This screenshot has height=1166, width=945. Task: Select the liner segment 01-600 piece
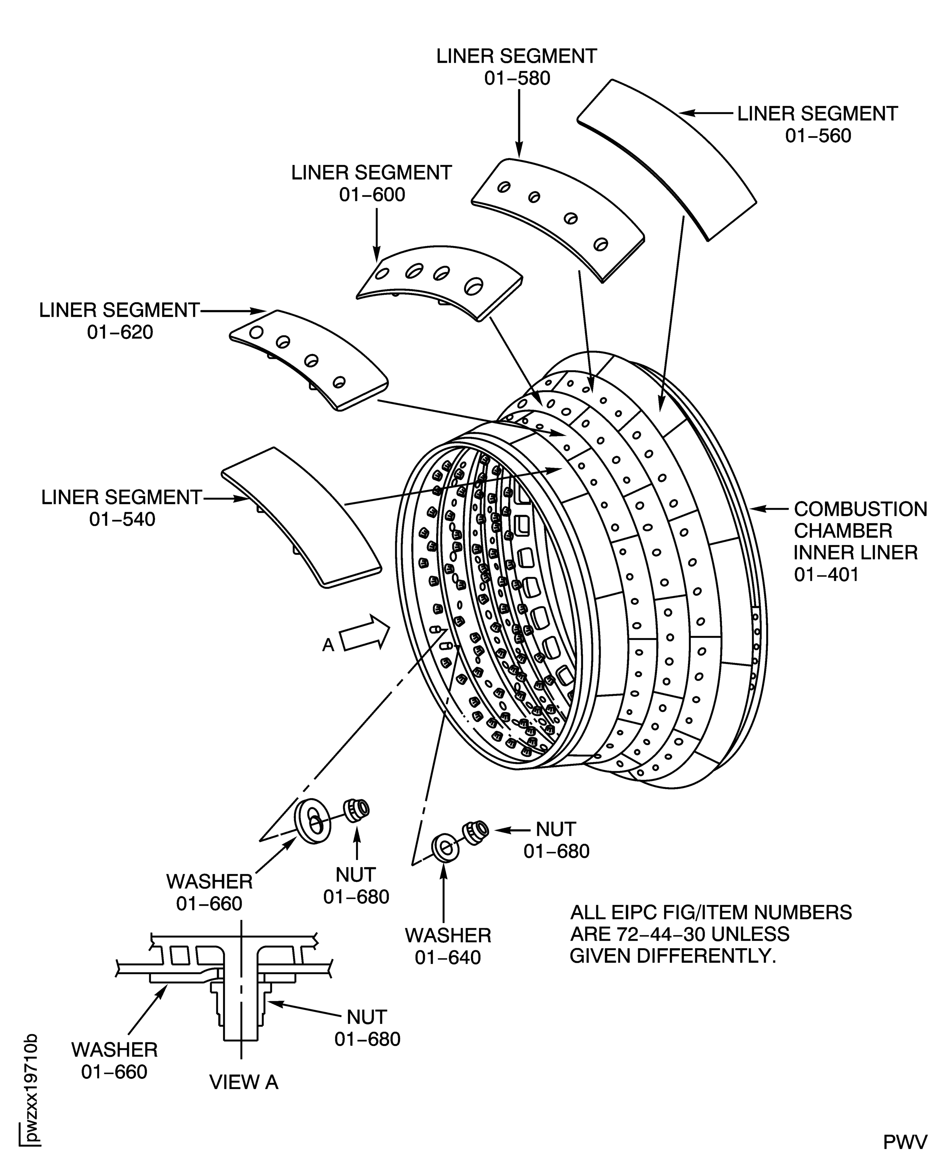[x=441, y=283]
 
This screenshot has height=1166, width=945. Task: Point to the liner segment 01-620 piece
[x=310, y=359]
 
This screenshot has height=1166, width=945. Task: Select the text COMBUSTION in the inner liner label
[x=860, y=509]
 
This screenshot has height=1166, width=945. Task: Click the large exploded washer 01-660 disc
[x=312, y=822]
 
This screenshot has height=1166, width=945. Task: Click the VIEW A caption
[x=244, y=1083]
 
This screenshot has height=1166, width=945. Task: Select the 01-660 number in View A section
[x=114, y=1072]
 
